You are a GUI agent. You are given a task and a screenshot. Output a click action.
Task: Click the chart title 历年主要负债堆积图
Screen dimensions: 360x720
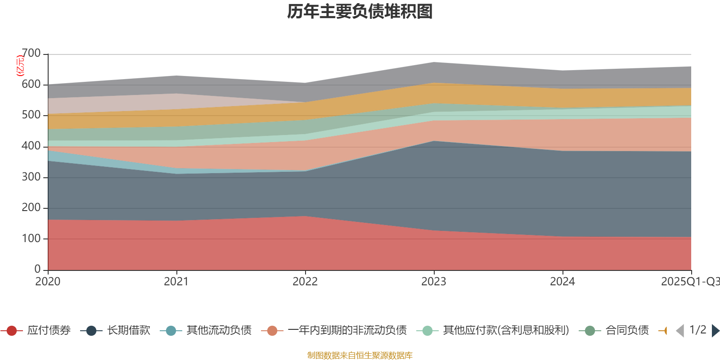coord(360,12)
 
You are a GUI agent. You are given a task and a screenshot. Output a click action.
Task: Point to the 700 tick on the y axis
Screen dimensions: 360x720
coord(31,54)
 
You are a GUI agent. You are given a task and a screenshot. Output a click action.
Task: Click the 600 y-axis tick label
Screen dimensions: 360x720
coord(31,85)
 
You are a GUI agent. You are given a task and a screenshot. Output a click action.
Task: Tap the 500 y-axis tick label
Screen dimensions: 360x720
coord(31,115)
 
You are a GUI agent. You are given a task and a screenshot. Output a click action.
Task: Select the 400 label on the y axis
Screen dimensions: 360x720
coord(31,146)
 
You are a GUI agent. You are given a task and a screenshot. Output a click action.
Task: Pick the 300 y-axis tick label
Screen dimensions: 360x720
coord(31,177)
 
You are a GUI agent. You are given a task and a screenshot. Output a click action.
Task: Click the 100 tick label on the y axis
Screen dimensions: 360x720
coord(31,238)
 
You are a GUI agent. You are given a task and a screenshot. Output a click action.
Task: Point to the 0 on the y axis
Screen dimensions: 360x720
coord(38,269)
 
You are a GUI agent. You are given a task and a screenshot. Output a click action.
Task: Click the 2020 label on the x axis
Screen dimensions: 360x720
coord(48,281)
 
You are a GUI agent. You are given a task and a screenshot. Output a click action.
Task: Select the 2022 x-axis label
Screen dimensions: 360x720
coord(305,281)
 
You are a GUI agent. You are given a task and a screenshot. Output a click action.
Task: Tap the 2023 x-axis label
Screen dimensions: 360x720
coord(434,281)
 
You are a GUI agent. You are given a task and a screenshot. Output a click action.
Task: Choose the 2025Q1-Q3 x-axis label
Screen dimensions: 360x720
coord(689,281)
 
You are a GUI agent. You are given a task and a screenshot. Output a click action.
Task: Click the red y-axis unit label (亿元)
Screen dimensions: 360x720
coord(20,66)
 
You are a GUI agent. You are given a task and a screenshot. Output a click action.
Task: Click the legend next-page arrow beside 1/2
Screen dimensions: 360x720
coord(715,331)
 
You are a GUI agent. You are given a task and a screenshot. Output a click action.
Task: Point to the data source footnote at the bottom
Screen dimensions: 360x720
coord(360,355)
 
